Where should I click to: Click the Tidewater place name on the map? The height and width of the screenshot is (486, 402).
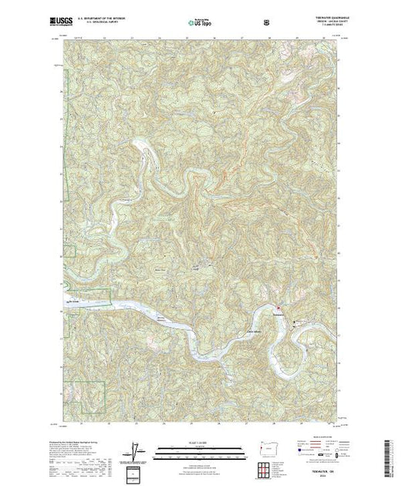(279, 314)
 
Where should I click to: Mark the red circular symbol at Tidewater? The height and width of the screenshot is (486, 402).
(292, 310)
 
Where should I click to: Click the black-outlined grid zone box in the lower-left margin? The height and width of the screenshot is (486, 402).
(137, 471)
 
